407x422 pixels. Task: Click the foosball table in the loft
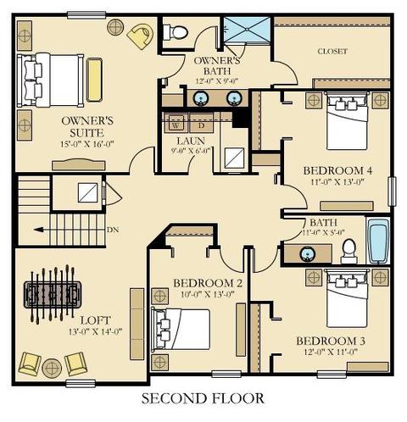(53, 295)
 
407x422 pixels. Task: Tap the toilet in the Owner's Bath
(176, 32)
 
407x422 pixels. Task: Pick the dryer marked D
(201, 124)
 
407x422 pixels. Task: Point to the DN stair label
(113, 230)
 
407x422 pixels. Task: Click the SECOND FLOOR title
(203, 398)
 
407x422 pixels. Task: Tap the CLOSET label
(332, 52)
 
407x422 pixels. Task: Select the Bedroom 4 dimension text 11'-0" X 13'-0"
(337, 181)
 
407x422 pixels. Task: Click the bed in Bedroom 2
(181, 330)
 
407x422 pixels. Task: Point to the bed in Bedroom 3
(348, 297)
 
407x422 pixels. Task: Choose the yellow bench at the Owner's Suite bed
(94, 80)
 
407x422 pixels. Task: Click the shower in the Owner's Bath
(247, 30)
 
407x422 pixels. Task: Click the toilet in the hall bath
(349, 251)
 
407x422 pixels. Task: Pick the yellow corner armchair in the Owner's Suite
(141, 36)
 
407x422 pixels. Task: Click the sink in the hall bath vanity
(307, 253)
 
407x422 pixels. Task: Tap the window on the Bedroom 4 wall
(392, 191)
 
